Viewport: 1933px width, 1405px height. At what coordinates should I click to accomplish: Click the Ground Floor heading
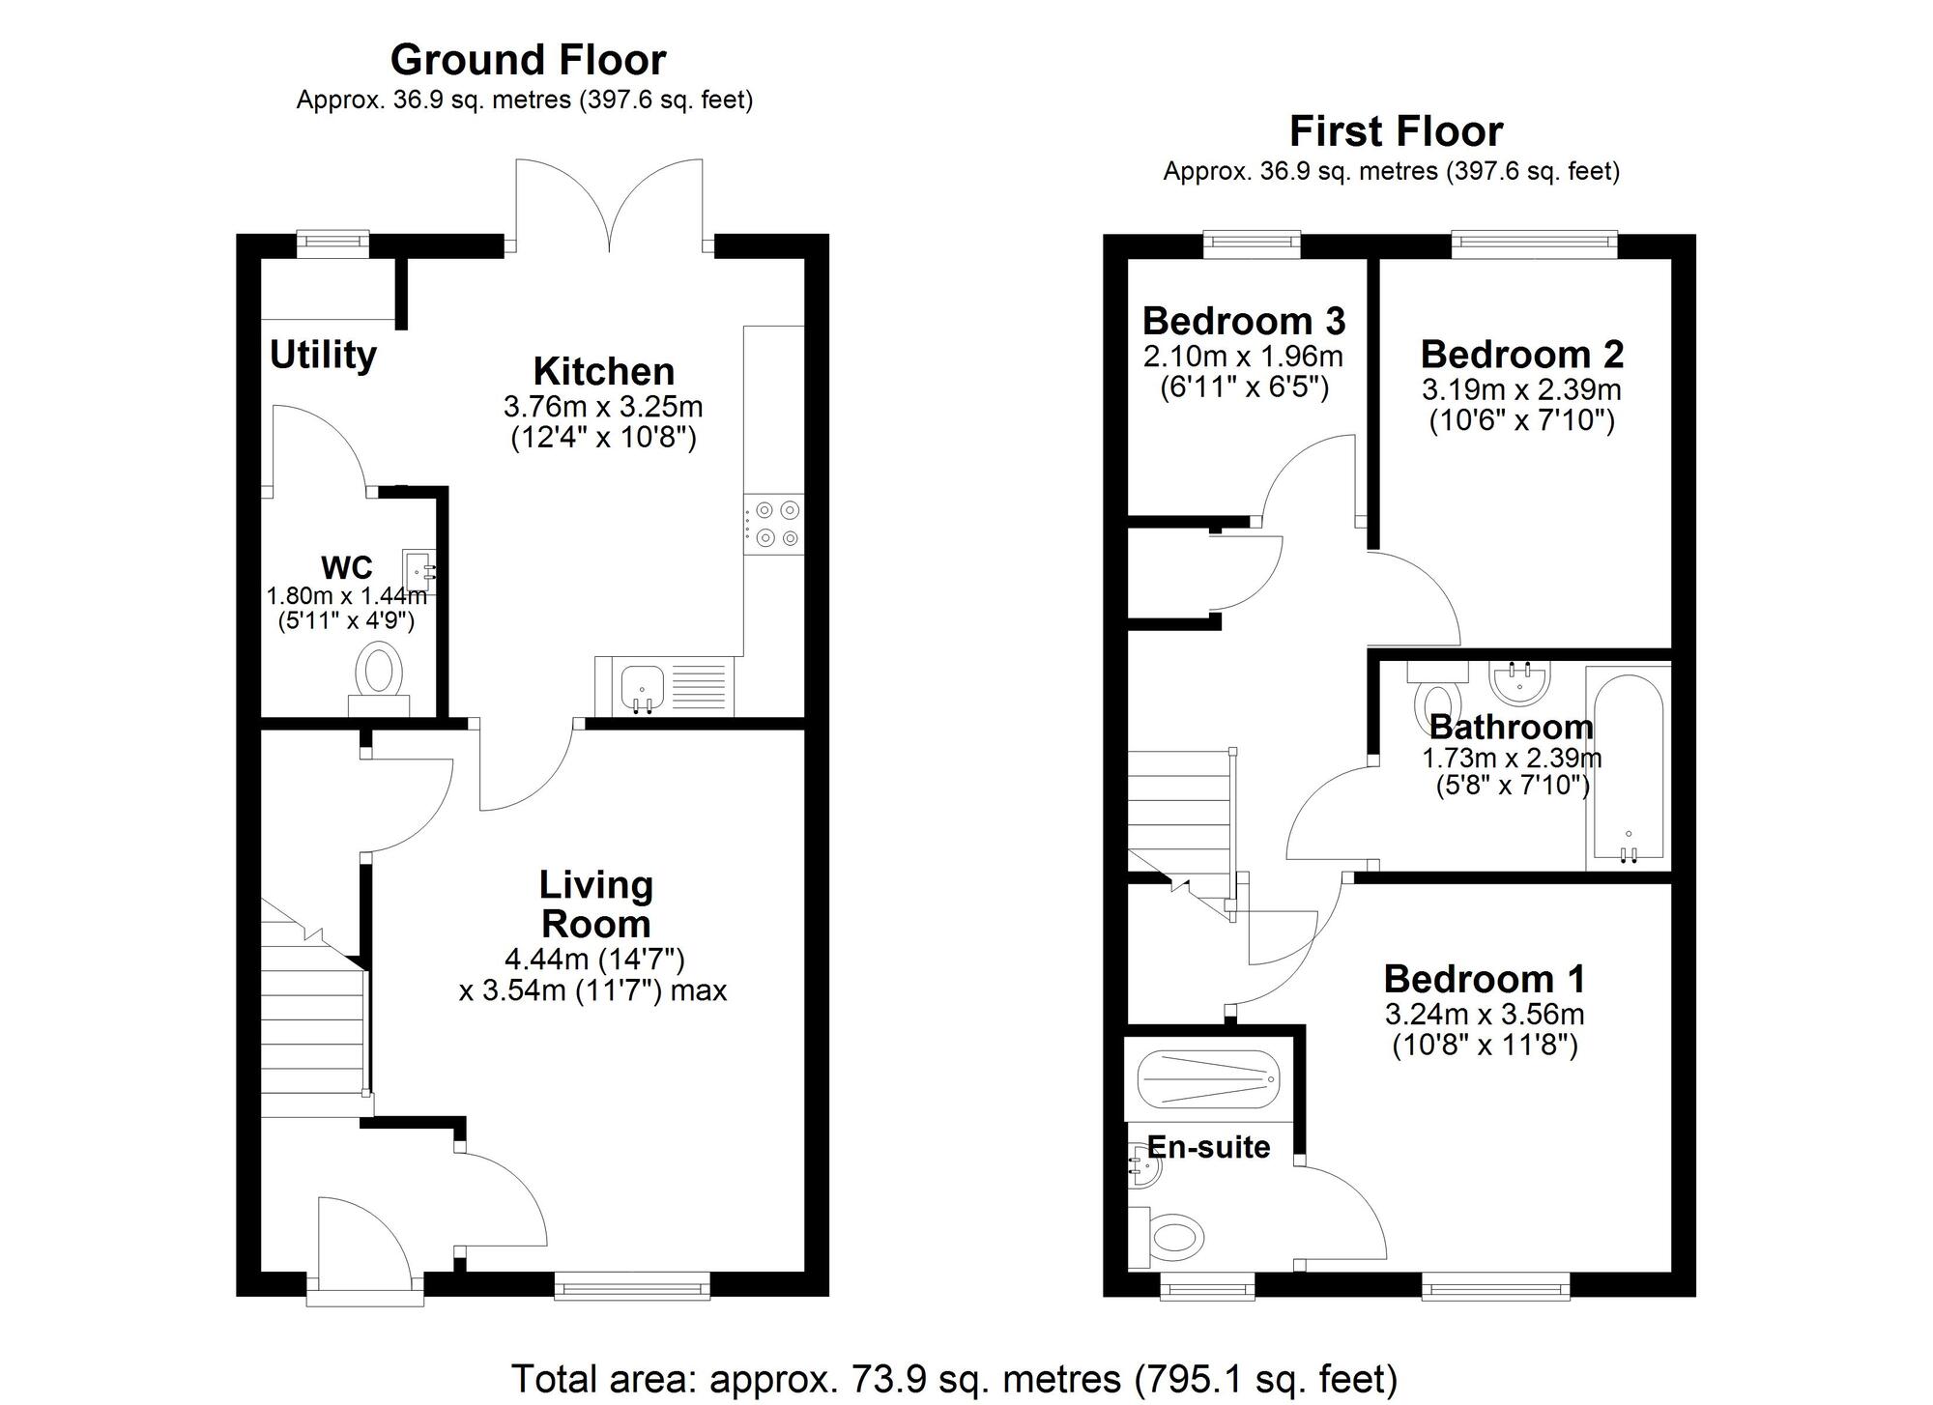tap(528, 60)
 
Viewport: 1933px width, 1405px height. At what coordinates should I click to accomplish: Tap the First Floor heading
tap(1396, 131)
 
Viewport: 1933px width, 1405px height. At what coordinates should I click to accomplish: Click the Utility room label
tap(323, 355)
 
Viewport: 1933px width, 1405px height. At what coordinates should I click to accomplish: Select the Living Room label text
tap(595, 903)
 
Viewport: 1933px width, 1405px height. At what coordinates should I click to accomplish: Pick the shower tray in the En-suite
tap(1208, 1079)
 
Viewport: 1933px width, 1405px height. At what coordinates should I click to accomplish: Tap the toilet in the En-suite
tap(1172, 1235)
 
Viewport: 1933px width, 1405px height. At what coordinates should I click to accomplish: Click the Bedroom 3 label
tap(1243, 321)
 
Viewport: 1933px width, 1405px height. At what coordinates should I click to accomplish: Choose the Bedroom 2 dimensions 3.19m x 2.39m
tap(1521, 389)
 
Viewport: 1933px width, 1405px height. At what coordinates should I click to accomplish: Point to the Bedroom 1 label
tap(1484, 979)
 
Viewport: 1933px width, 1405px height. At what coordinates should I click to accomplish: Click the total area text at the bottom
tap(953, 1378)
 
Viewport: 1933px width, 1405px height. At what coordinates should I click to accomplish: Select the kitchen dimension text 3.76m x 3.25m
tap(602, 406)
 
